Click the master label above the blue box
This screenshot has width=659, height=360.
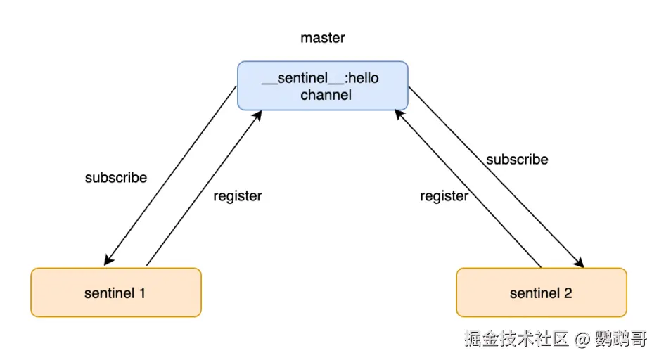[323, 38]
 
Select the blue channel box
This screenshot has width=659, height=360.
[323, 86]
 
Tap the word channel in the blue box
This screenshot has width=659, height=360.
[326, 95]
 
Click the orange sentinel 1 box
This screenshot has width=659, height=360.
[115, 292]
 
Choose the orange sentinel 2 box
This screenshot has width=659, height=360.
[541, 292]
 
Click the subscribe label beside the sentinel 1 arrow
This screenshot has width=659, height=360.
[116, 178]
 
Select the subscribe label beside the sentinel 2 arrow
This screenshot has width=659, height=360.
[517, 160]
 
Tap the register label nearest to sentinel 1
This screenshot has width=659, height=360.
[238, 196]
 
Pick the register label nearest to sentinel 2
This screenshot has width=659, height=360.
[444, 196]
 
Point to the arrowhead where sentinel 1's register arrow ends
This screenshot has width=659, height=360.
[257, 115]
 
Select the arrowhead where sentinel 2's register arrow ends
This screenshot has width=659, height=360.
[399, 113]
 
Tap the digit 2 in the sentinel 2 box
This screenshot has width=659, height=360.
[568, 292]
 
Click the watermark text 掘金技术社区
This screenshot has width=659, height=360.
[516, 339]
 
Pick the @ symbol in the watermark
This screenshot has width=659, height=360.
[582, 340]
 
